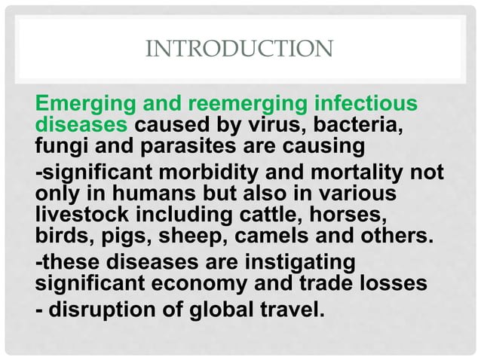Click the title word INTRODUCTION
point(238,50)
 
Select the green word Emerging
point(78,103)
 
